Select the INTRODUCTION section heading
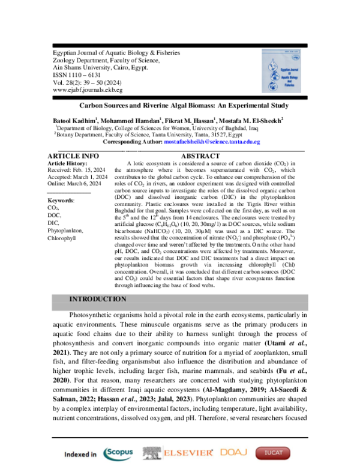click(x=98, y=299)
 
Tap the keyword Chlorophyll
click(x=62, y=255)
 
